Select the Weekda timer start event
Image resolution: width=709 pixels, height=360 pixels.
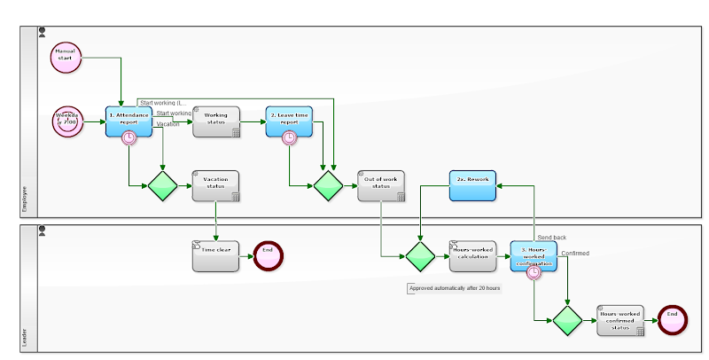[x=67, y=121]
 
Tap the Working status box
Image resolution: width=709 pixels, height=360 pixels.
[x=216, y=121]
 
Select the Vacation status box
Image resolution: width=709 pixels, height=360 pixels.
[x=216, y=185]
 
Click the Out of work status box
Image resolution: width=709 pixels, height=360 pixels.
[x=381, y=185]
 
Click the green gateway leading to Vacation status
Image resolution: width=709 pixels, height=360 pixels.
[x=164, y=186]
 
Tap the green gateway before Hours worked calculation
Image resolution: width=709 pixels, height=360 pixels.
[x=420, y=256]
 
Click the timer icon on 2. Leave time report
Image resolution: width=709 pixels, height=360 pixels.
[x=289, y=137]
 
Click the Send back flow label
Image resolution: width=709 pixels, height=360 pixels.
[x=552, y=238]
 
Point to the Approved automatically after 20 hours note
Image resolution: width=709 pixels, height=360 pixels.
[x=454, y=288]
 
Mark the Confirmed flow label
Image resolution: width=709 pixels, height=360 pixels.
[x=575, y=254]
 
